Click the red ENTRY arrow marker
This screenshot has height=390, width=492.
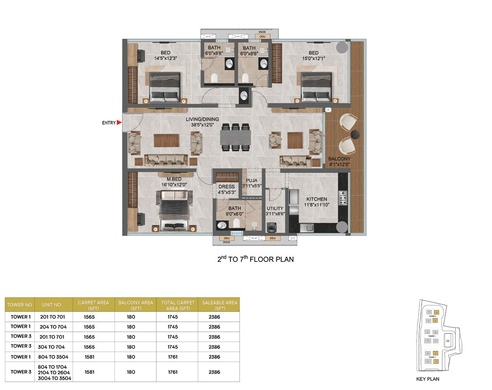pyautogui.click(x=119, y=123)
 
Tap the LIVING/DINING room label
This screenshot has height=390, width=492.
pyautogui.click(x=202, y=119)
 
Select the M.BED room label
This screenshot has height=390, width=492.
pyautogui.click(x=174, y=179)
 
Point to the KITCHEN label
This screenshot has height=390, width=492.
pyautogui.click(x=317, y=199)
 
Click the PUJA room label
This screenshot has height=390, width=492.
pyautogui.click(x=252, y=180)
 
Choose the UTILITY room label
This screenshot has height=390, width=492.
pyautogui.click(x=275, y=208)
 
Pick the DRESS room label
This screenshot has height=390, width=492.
pyautogui.click(x=226, y=187)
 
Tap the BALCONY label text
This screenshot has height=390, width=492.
pyautogui.click(x=339, y=159)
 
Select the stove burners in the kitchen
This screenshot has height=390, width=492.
pyautogui.click(x=343, y=198)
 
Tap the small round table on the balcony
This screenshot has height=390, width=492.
pyautogui.click(x=356, y=134)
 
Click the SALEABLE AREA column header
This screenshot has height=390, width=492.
pyautogui.click(x=220, y=305)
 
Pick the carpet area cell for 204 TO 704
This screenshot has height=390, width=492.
pyautogui.click(x=89, y=327)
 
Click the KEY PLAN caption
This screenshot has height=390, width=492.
pyautogui.click(x=427, y=379)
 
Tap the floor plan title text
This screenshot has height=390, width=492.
pyautogui.click(x=256, y=259)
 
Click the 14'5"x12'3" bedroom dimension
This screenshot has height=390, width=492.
pyautogui.click(x=166, y=58)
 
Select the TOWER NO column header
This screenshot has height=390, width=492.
pyautogui.click(x=20, y=305)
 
